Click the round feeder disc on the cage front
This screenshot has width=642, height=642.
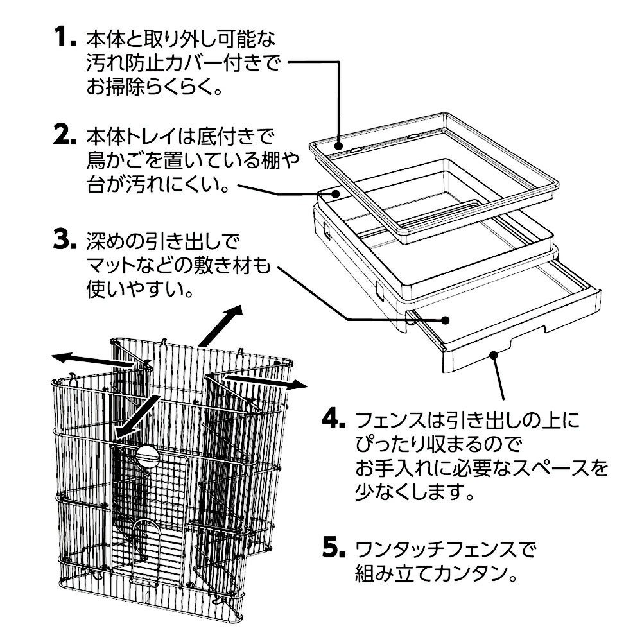(148, 458)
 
